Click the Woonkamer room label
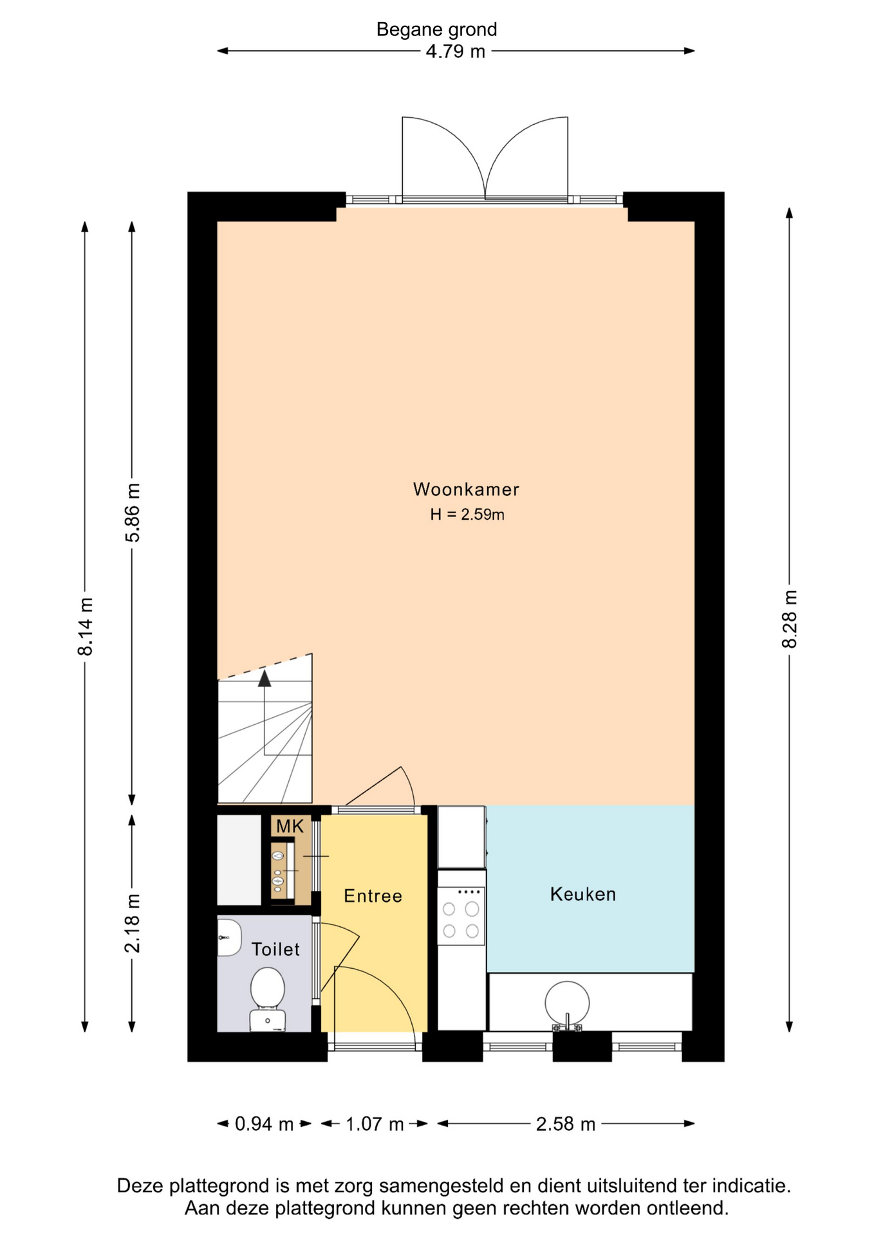point(466,489)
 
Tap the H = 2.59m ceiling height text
point(467,515)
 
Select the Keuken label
point(583,894)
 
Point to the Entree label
point(373,896)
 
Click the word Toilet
point(275,949)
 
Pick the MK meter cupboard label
point(290,827)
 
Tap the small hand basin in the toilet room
point(228,937)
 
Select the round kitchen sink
point(567,1003)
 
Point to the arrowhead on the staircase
point(265,678)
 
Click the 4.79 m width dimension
point(456,51)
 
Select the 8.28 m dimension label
point(790,619)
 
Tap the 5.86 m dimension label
point(132,513)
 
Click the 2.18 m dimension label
point(132,923)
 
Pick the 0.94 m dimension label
point(264,1124)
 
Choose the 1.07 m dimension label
point(375,1124)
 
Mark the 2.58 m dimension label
point(566,1124)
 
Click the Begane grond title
point(437,30)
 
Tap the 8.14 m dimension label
point(85,627)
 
